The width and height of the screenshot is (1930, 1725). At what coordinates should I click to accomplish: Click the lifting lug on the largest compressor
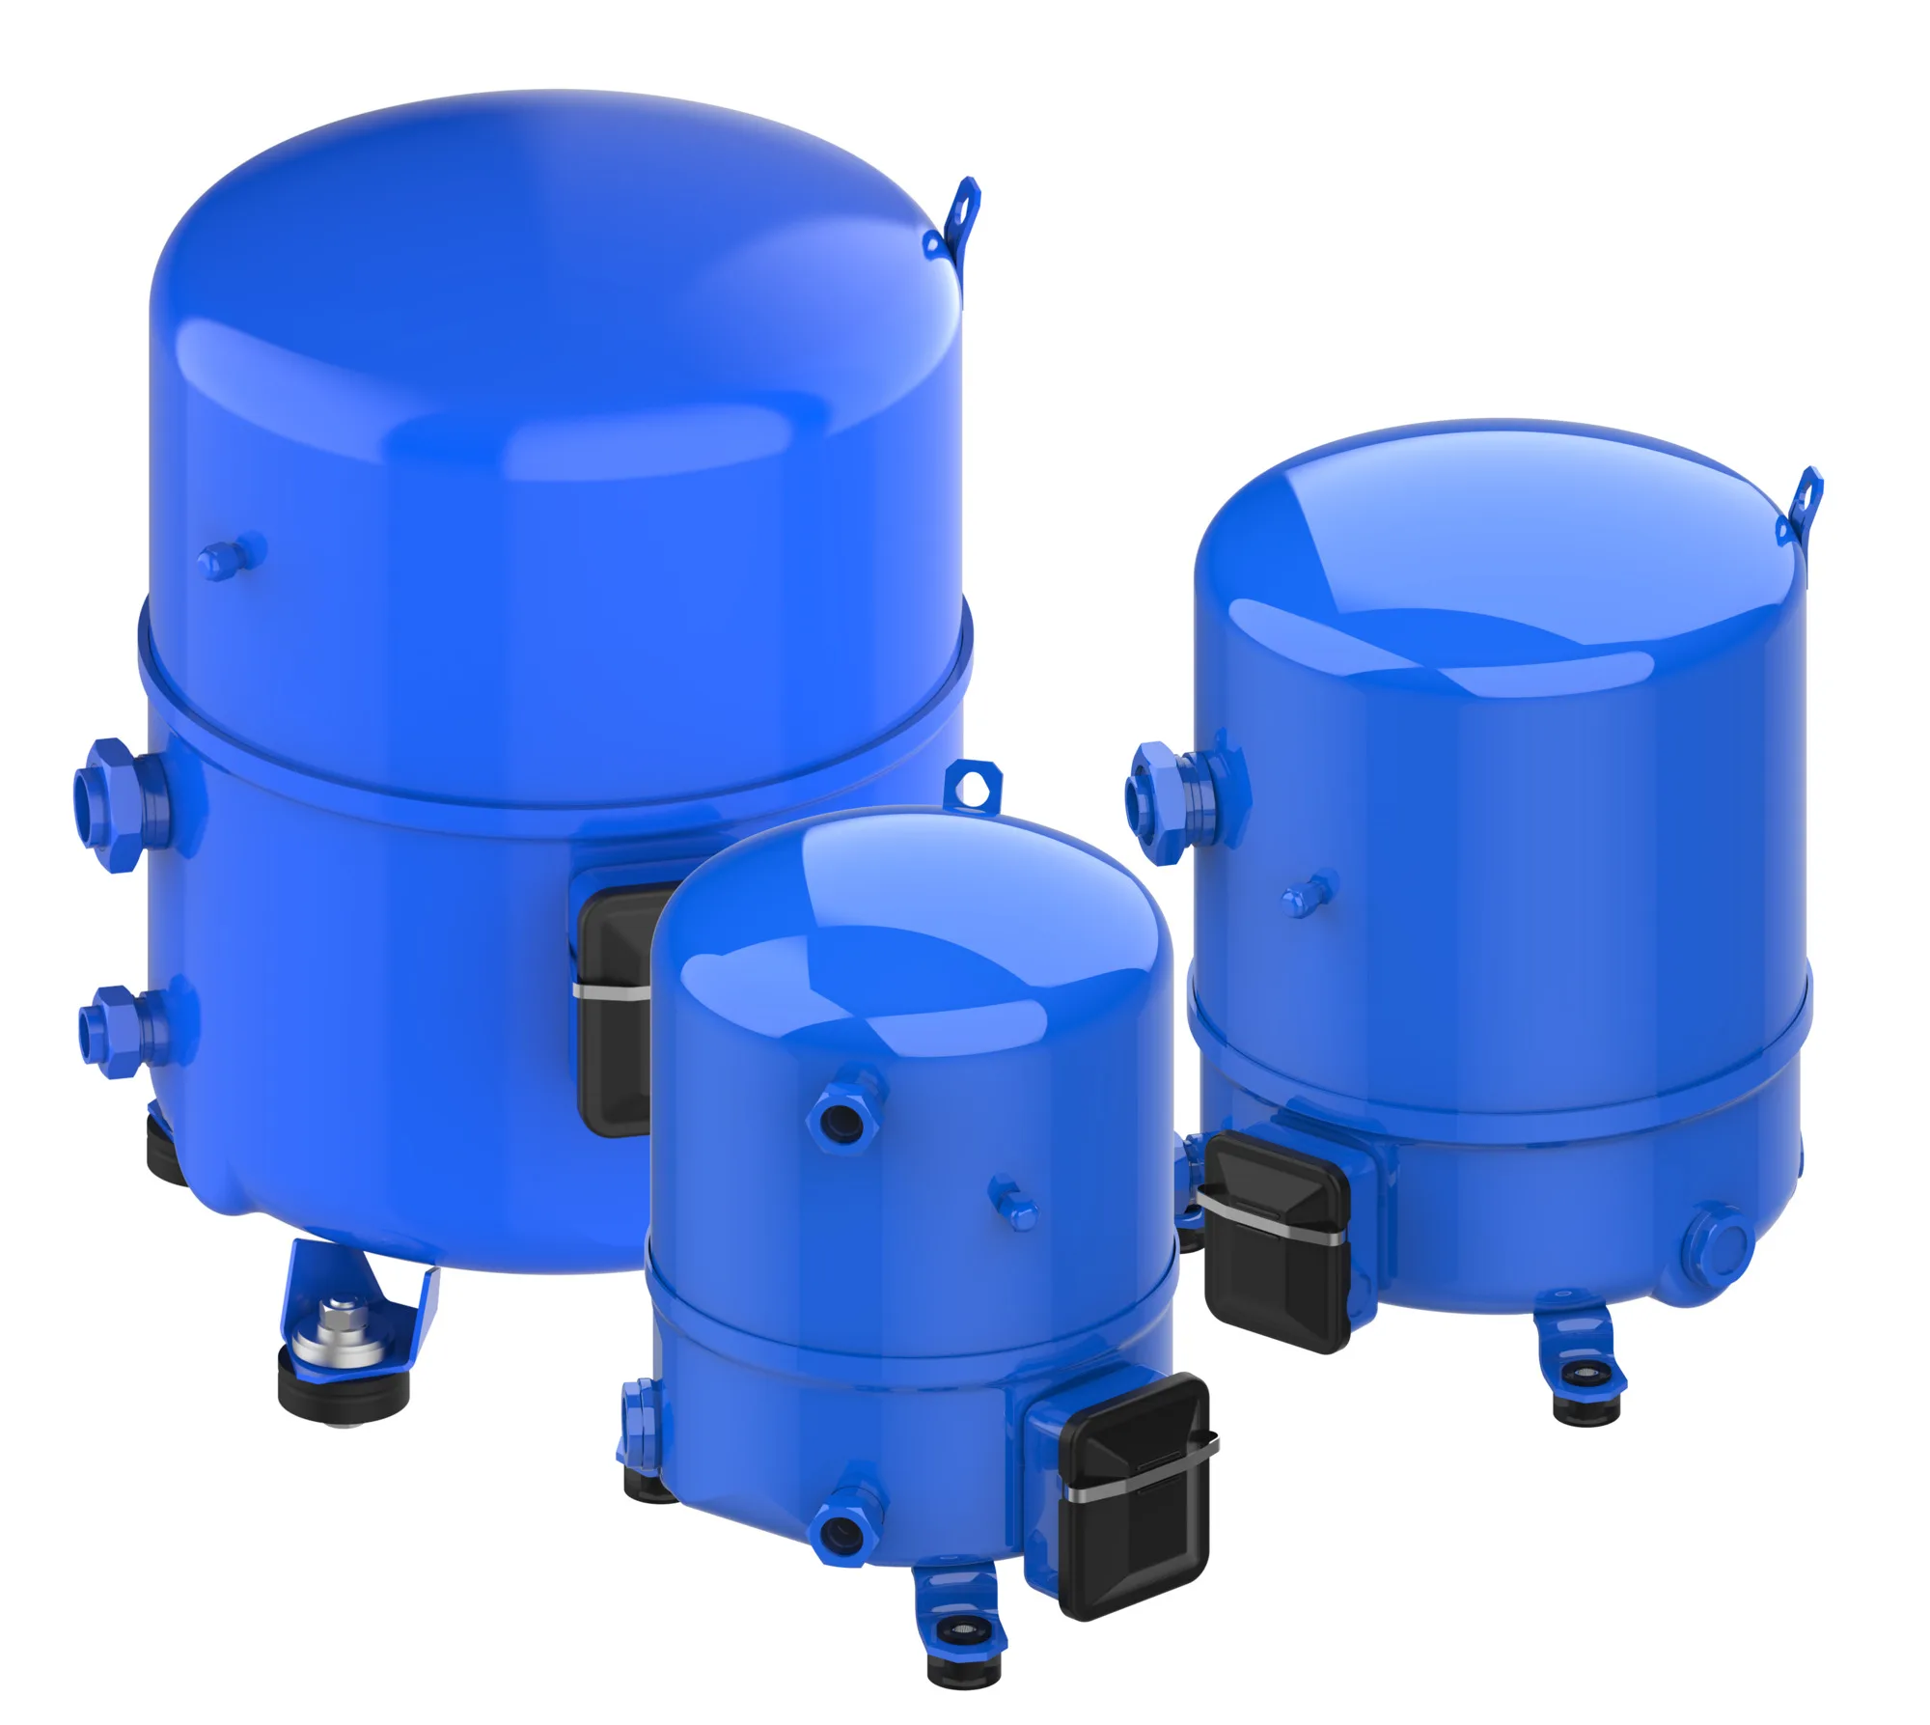[955, 220]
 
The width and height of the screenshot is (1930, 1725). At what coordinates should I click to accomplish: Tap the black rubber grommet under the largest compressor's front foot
[344, 1390]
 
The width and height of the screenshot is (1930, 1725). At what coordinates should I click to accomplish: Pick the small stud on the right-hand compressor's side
[1307, 895]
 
